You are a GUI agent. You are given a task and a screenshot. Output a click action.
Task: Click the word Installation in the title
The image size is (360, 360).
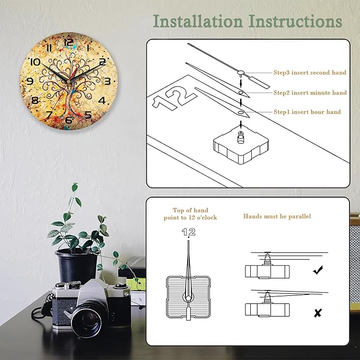point(198,21)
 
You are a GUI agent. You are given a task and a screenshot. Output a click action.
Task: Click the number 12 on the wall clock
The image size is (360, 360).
point(68,43)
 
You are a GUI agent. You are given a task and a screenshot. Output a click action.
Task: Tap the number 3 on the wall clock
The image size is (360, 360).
point(107,82)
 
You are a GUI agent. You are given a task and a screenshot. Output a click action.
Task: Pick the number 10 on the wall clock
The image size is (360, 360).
point(35,62)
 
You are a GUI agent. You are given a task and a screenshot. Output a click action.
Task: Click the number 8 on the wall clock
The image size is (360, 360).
point(35,100)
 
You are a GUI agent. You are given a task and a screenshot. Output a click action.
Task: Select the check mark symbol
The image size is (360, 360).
point(318,270)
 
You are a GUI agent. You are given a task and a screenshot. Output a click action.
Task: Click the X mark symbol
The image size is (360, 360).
point(318,313)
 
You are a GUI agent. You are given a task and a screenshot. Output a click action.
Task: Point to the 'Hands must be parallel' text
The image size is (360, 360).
point(277,216)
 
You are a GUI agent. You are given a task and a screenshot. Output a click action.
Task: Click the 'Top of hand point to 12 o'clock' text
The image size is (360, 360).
point(190,214)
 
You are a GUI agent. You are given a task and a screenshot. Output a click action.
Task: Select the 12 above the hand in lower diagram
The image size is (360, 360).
point(188,232)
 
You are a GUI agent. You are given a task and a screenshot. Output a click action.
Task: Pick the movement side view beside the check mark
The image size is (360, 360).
point(267,269)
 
